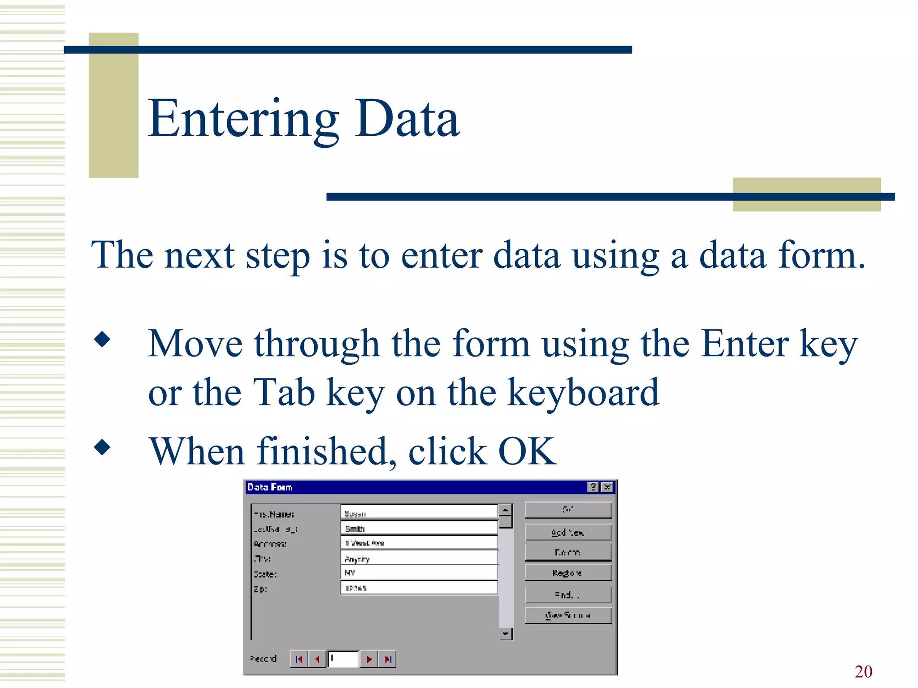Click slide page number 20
(863, 671)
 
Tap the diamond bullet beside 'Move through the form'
(102, 339)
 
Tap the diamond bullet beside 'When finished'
(102, 447)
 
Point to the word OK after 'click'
(527, 451)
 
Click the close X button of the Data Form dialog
(607, 487)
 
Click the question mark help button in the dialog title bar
(593, 487)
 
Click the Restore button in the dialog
(567, 573)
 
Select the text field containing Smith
(419, 529)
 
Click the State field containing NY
(419, 573)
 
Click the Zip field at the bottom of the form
(419, 588)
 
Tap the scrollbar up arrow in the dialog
(506, 510)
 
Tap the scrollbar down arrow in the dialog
(506, 634)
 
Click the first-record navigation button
(299, 659)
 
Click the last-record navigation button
(388, 659)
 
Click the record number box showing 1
(343, 659)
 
